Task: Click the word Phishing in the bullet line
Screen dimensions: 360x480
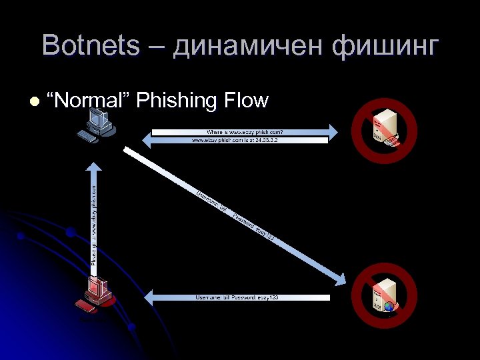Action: [x=177, y=101]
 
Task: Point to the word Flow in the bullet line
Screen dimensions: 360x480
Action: [x=247, y=101]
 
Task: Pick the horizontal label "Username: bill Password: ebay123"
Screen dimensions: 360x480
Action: [x=237, y=297]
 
